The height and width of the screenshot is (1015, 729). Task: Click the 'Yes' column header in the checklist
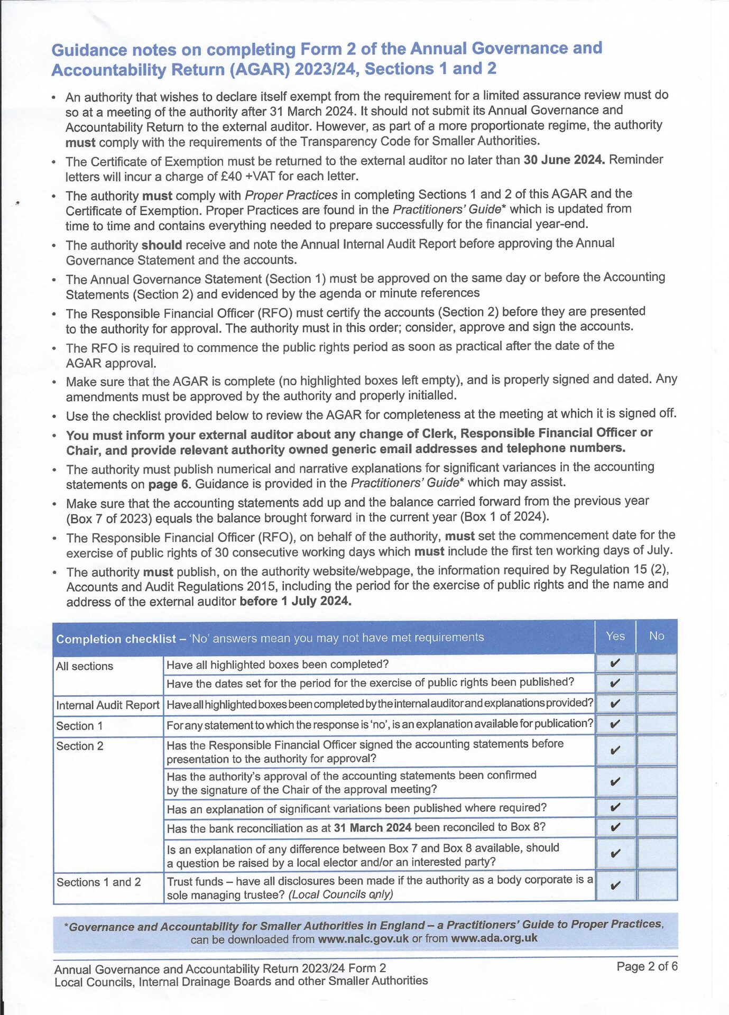615,636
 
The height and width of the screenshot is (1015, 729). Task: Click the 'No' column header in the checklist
656,636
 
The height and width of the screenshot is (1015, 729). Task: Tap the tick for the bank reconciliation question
615,827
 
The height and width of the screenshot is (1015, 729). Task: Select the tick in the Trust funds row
615,886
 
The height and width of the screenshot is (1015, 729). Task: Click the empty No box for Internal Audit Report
657,704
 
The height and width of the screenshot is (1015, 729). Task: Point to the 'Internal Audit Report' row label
107,705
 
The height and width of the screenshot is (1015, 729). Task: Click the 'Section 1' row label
79,726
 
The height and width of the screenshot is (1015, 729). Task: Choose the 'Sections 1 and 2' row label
98,882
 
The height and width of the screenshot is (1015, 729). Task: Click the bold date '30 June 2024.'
564,160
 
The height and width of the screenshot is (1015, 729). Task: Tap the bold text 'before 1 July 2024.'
295,601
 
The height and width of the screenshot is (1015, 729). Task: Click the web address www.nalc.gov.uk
363,939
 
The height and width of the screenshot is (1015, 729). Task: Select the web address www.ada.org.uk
494,938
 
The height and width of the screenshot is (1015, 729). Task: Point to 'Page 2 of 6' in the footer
647,967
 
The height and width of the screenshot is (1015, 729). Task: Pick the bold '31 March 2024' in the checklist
372,828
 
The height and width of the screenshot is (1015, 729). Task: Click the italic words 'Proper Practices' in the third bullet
291,195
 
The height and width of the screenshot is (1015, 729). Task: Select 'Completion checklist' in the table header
116,639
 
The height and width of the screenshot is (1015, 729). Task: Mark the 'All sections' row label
85,666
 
